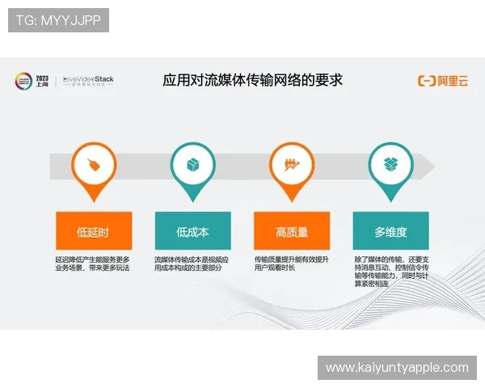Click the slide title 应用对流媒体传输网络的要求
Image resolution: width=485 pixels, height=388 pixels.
click(x=253, y=80)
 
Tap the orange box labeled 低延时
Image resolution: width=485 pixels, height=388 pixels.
click(x=93, y=231)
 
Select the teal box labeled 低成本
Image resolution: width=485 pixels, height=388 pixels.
click(x=192, y=231)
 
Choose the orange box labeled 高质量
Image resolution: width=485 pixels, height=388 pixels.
click(x=292, y=231)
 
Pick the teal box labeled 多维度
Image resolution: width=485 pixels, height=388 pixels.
click(x=390, y=231)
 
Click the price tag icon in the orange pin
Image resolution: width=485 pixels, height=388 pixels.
click(x=93, y=165)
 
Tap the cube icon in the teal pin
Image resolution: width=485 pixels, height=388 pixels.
click(x=192, y=165)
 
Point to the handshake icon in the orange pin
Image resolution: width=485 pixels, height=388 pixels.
click(x=292, y=165)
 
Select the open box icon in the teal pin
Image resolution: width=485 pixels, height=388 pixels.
click(x=390, y=165)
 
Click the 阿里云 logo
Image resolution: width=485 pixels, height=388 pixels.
click(x=443, y=80)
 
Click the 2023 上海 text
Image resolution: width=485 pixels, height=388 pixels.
click(x=43, y=81)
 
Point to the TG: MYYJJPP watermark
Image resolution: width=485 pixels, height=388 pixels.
click(x=58, y=20)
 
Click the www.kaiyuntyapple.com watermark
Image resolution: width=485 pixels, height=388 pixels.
click(x=397, y=368)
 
